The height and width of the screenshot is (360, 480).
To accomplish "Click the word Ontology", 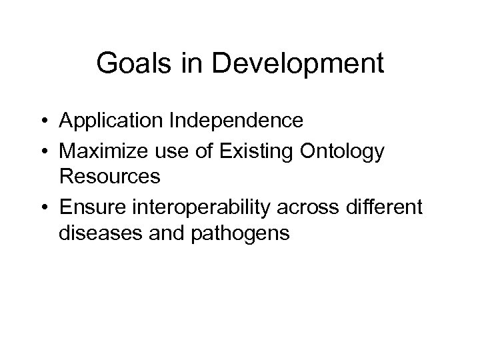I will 343,152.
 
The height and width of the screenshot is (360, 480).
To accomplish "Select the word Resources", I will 109,177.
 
